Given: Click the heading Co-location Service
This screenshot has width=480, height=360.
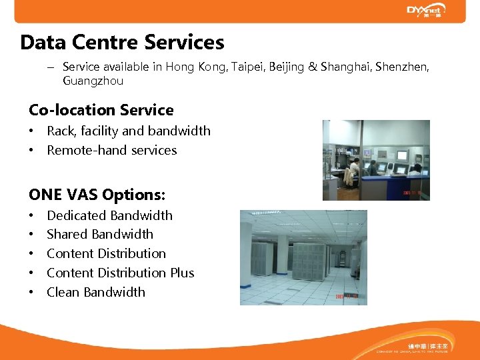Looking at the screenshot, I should click(x=101, y=110).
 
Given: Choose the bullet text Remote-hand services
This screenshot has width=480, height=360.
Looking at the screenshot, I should click(x=111, y=150).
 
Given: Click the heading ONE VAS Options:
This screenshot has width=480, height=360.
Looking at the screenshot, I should click(x=97, y=195).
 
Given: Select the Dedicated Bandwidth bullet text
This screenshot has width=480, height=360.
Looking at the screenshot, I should click(x=109, y=215).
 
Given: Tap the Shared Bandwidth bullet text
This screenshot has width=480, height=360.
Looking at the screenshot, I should click(x=100, y=234).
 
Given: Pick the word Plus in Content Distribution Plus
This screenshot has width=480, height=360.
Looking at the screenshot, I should click(x=181, y=273).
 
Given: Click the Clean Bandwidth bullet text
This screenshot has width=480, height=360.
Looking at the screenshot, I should click(x=95, y=292).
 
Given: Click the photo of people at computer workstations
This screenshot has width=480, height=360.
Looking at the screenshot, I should click(x=376, y=160).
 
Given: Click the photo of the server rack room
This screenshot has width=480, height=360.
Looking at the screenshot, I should click(x=303, y=257).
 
